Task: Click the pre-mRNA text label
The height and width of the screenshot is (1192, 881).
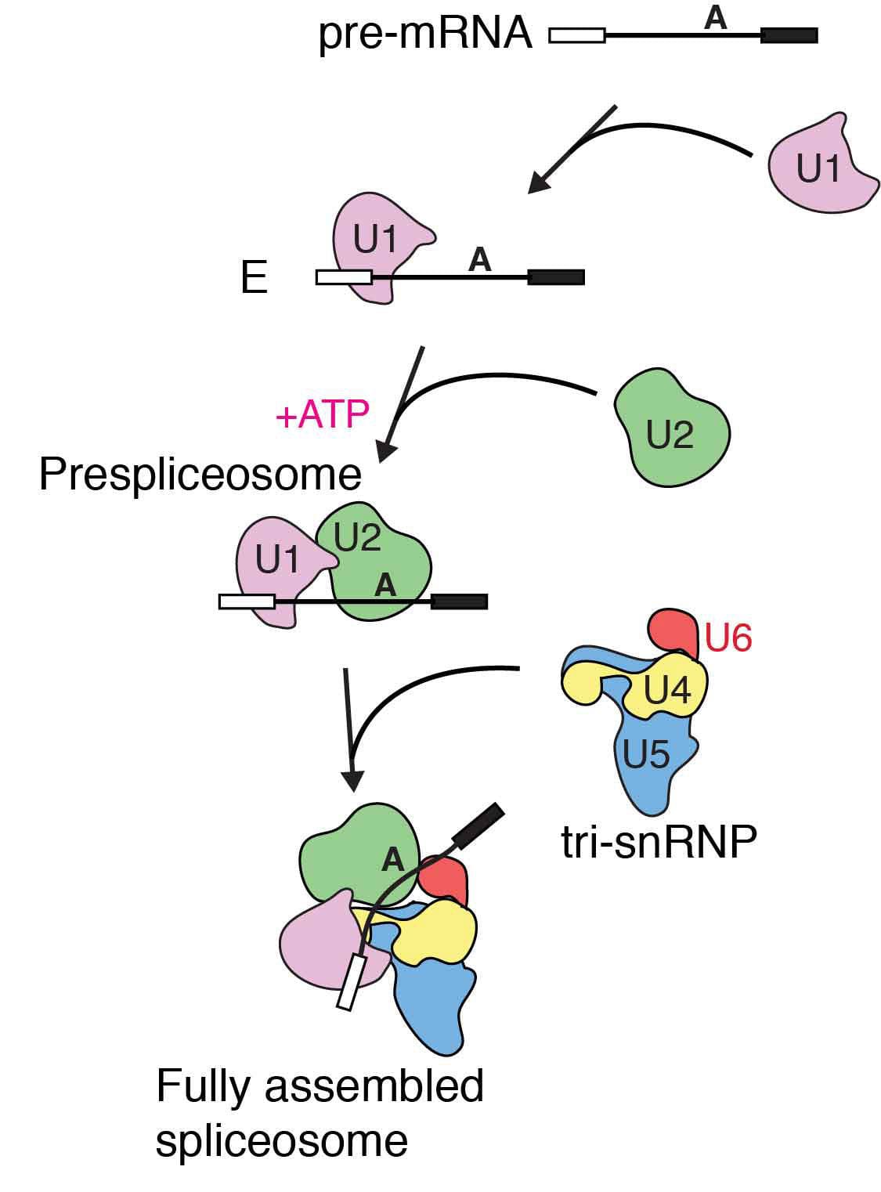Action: [x=425, y=36]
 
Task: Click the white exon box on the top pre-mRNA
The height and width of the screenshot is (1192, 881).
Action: [x=577, y=35]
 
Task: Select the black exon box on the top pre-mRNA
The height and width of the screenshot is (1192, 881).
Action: [x=789, y=35]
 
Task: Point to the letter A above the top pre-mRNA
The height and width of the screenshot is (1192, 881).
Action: [x=715, y=17]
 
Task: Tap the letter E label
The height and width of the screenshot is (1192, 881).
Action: [x=254, y=278]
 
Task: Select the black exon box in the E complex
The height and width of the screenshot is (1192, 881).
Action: [x=556, y=276]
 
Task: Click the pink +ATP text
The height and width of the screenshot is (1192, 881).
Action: [x=322, y=414]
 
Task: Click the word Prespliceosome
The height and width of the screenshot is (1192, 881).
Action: [x=200, y=475]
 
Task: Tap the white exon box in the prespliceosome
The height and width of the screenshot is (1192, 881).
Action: [x=247, y=601]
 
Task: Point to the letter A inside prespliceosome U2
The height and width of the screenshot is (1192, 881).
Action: [x=385, y=584]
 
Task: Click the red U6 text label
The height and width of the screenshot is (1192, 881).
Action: [x=728, y=638]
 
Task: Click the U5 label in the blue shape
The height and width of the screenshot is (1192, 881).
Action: [x=646, y=754]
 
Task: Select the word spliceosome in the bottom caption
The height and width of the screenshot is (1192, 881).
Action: [x=282, y=1141]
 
